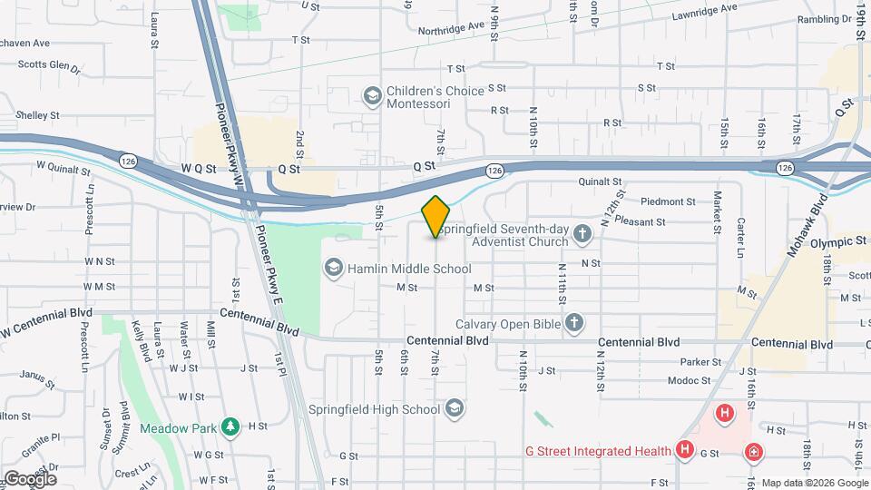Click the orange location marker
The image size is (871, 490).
point(436,216)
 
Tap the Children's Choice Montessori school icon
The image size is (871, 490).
point(371,95)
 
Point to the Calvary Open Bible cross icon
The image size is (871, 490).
point(573,322)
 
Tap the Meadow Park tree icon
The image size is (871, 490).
point(231,426)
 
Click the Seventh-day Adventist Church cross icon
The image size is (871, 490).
point(583,235)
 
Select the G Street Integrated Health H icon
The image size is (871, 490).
point(685,450)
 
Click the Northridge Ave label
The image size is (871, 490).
point(452,28)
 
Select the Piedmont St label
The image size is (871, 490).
point(667,201)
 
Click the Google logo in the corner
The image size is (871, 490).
point(29,478)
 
